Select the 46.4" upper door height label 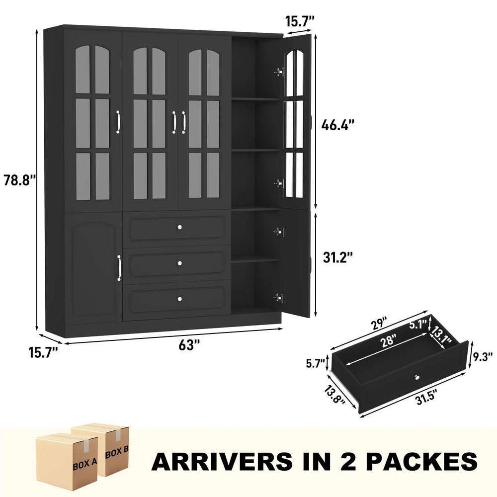pos(338,125)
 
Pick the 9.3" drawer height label pos(482,356)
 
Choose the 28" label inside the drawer pos(389,341)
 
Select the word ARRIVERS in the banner pos(222,462)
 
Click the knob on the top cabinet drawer pos(180,227)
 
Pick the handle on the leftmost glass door pos(118,122)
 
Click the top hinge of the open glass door pos(279,72)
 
